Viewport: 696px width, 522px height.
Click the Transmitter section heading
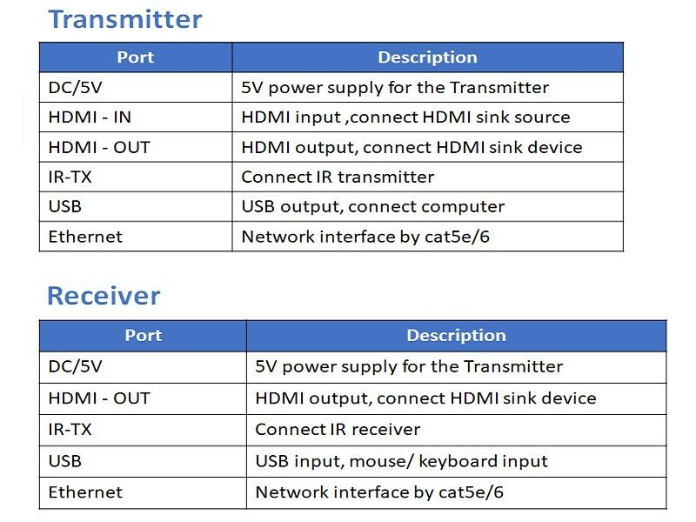pos(124,19)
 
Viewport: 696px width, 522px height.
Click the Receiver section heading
pos(104,296)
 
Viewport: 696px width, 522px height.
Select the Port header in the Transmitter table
pos(135,57)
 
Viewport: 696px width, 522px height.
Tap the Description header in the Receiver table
pos(456,336)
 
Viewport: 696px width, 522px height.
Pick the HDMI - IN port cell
pos(90,117)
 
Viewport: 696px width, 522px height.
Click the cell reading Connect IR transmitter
pos(338,177)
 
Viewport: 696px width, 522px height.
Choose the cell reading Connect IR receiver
pos(338,430)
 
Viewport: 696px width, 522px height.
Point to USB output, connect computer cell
pos(372,207)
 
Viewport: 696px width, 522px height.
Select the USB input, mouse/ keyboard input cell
pos(401,461)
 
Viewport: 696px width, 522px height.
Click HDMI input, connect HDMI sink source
pos(405,117)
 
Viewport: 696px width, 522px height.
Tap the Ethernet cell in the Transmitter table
pos(85,237)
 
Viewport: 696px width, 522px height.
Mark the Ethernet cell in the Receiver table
pos(85,492)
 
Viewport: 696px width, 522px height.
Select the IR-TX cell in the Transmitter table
pos(70,177)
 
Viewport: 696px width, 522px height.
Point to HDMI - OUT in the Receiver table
pos(99,398)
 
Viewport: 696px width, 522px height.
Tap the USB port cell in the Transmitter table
pos(64,207)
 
